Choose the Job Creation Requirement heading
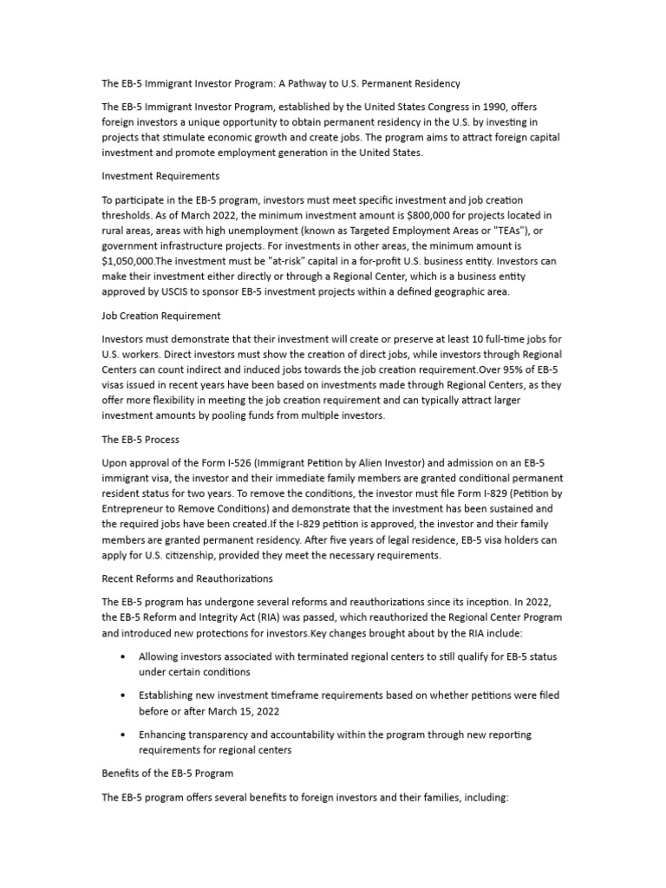[x=161, y=315]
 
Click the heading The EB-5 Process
[x=140, y=440]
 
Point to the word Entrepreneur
[x=147, y=509]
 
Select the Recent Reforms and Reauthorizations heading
[x=187, y=578]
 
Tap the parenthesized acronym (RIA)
[x=278, y=617]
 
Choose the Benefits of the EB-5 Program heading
[x=167, y=773]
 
